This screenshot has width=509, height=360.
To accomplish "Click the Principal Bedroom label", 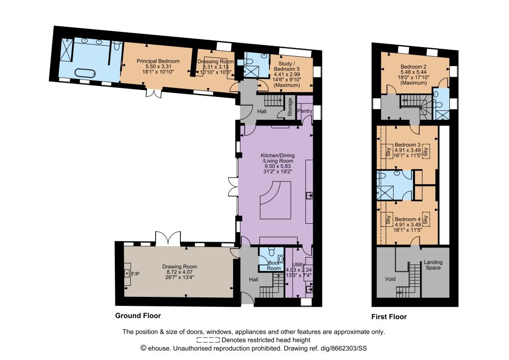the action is tap(158, 61).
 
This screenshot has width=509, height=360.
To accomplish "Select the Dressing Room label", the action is tap(216, 61).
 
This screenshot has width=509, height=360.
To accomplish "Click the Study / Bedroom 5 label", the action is tap(287, 66).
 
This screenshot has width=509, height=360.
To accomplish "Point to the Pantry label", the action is tap(305, 111).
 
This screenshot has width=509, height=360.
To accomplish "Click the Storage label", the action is tap(290, 107).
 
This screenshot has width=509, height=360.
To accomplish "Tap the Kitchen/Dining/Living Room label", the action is tap(277, 158).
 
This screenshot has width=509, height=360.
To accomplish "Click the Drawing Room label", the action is tap(179, 267).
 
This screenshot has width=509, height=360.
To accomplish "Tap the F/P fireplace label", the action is tap(135, 274).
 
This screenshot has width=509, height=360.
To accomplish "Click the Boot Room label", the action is tap(274, 266).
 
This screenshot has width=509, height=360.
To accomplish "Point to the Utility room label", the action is tap(298, 264).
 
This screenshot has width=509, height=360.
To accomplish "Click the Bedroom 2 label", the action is tap(413, 67).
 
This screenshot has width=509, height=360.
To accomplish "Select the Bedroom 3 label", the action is tap(408, 145).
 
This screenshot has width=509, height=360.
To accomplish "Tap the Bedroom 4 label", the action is tap(408, 219).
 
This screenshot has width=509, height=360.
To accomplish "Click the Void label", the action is tap(390, 279).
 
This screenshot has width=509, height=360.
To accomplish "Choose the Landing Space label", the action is tap(433, 265).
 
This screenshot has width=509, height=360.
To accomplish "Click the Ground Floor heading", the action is tap(138, 316).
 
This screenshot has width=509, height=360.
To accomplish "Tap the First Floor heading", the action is tap(389, 317).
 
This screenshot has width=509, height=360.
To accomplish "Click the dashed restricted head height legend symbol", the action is tap(208, 340).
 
